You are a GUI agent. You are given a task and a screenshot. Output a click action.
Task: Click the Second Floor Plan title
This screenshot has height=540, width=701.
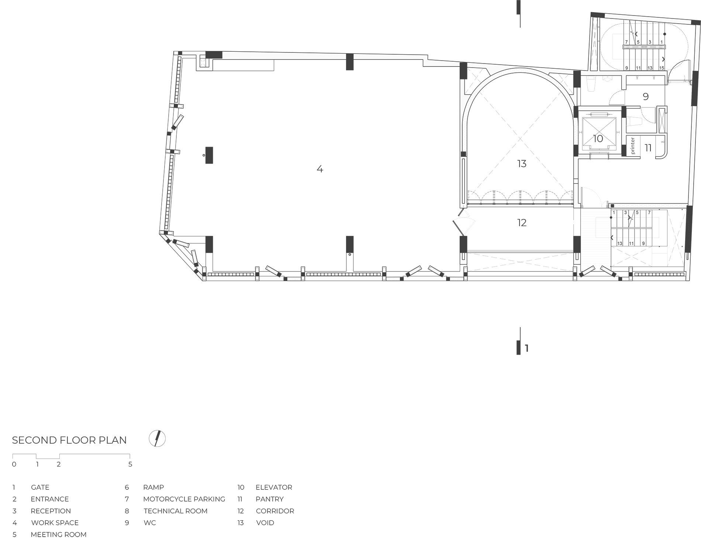coord(69,440)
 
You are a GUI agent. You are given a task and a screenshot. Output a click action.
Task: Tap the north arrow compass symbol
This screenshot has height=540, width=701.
coord(157,439)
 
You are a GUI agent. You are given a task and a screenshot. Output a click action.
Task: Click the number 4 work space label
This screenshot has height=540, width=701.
coord(320,169)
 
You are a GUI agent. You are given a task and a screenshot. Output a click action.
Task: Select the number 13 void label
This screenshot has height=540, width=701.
coord(522,164)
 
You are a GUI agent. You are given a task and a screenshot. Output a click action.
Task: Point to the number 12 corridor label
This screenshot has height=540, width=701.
coord(522,223)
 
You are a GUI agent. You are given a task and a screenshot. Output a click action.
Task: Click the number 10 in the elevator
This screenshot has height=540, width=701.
coord(598,139)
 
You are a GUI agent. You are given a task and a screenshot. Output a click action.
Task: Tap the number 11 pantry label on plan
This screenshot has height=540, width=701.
coord(648,148)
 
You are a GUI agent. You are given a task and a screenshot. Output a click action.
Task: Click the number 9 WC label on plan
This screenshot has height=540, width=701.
coord(646,97)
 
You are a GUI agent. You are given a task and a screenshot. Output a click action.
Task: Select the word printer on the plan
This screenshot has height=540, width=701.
coord(633,146)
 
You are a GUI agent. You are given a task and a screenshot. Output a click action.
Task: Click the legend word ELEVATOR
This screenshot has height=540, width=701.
coord(274,487)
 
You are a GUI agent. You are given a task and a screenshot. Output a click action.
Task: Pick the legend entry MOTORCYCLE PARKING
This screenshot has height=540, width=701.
coord(184,499)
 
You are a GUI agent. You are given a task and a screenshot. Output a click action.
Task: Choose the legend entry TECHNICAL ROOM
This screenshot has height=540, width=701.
coord(176,511)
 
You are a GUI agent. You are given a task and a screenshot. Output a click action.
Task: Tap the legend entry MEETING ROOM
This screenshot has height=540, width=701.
coord(59,534)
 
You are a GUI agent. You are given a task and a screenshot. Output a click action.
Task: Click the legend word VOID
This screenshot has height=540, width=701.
coord(265,523)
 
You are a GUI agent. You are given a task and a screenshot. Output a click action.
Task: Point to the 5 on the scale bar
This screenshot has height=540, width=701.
coord(130,464)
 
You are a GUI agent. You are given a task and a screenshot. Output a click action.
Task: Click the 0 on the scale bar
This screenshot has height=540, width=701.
coord(14,464)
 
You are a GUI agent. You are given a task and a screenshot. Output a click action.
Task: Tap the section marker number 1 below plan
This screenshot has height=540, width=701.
coord(527,348)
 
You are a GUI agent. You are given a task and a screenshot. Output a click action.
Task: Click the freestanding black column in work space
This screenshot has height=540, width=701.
coord(209,155)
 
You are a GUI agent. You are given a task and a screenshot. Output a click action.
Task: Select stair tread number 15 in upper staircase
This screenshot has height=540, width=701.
coord(662,68)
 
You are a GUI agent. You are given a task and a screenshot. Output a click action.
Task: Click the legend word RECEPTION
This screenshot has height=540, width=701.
coord(51,511)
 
